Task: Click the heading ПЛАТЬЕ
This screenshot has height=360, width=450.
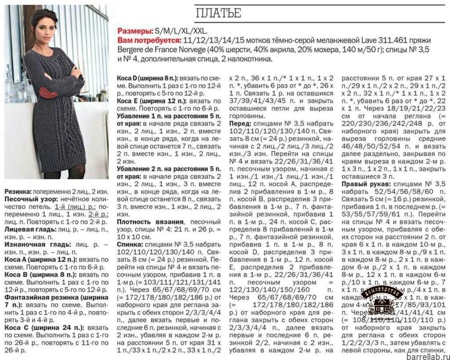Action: point(218,13)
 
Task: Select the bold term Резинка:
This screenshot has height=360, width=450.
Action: point(18,192)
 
